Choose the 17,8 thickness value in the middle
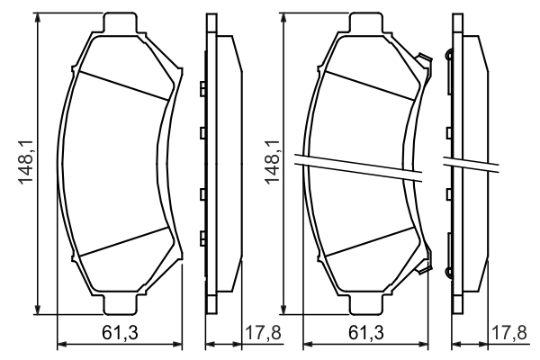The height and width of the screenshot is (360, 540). (261, 334)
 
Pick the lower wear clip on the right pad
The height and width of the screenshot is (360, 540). (422, 264)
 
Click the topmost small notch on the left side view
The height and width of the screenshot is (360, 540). (202, 88)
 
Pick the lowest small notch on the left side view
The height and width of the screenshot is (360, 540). (202, 238)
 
